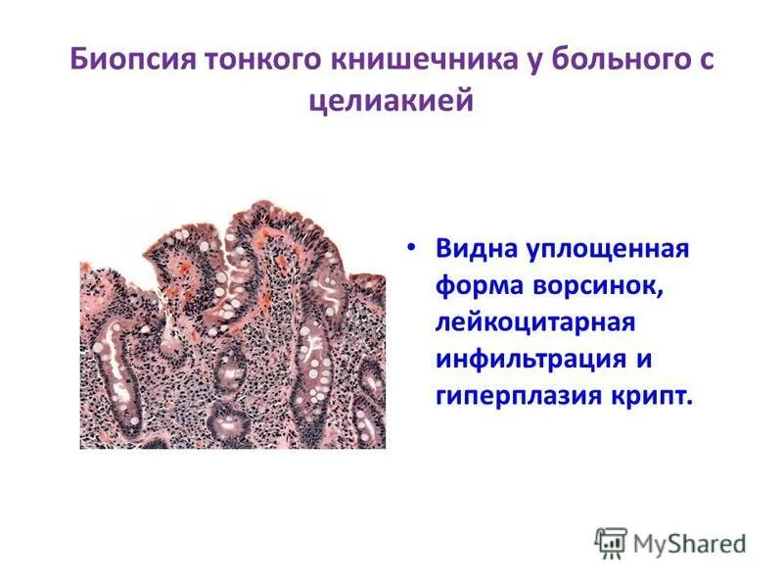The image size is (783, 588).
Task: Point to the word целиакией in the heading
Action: click(391, 100)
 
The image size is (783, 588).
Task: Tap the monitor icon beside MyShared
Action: click(610, 542)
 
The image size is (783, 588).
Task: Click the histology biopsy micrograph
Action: click(232, 328)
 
